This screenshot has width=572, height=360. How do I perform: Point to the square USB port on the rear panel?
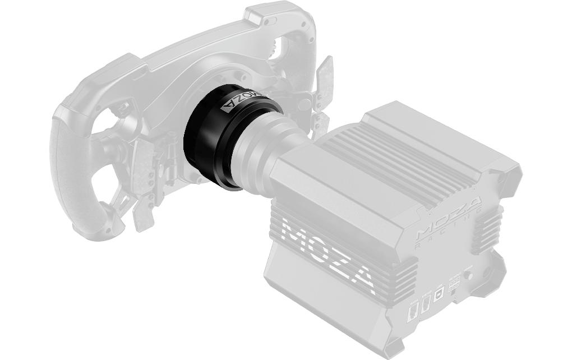440,292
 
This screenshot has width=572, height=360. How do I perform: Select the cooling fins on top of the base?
387,151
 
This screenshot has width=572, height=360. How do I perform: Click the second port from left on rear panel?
427,303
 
